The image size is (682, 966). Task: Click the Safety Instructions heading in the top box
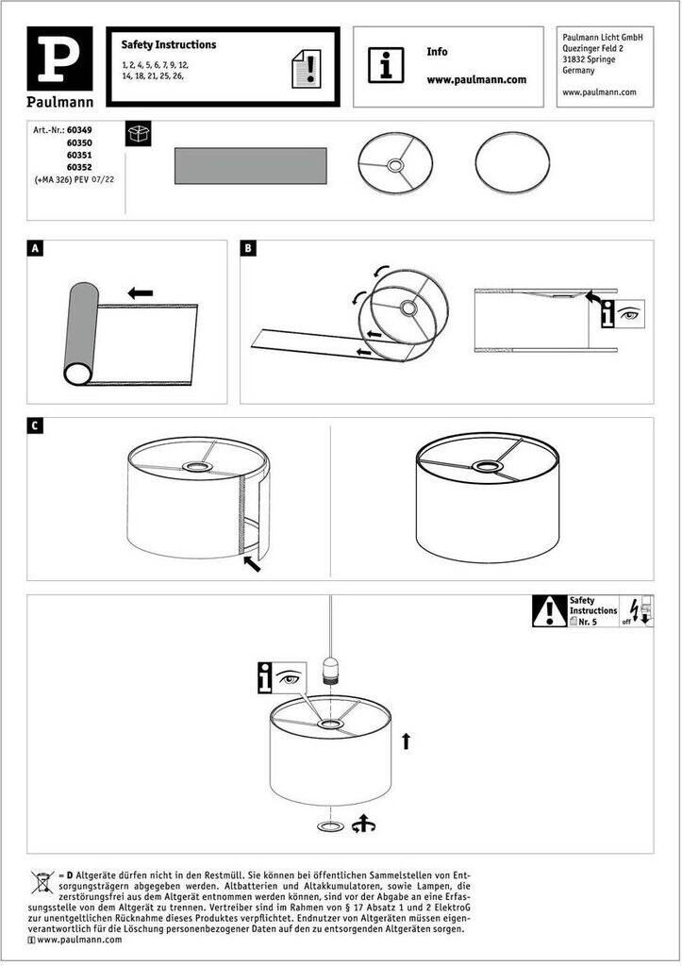pos(169,44)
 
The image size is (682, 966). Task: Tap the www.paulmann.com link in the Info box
pos(476,80)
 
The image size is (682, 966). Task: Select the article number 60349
pos(79,128)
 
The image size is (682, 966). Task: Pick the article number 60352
pos(79,165)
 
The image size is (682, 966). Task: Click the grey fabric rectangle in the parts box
pos(250,166)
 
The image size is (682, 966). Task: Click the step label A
pos(35,249)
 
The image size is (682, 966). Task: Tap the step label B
pos(248,249)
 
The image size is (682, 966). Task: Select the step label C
pos(35,426)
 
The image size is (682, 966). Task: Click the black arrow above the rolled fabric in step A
pos(141,292)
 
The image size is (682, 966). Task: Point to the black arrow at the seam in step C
pos(252,564)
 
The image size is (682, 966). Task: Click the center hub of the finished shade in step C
pos(487,465)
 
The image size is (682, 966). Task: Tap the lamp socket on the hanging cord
pos(330,669)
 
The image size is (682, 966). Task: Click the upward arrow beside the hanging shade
pos(406,741)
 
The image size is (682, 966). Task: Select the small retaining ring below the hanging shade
pos(330,826)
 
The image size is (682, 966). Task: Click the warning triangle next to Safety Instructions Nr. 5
pos(549,611)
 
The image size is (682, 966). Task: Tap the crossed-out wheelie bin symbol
pos(43,882)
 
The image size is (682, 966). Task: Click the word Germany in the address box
pos(578,70)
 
